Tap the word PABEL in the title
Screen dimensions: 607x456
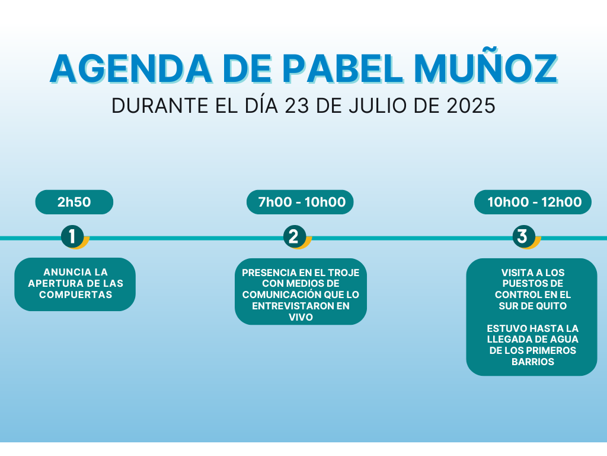tap(343, 69)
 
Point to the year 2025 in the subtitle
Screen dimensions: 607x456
tap(471, 106)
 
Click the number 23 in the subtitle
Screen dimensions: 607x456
tap(297, 106)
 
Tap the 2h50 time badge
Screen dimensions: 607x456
tap(74, 202)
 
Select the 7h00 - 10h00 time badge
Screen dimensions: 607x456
tap(300, 202)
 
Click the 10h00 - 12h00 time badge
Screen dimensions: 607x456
tap(533, 202)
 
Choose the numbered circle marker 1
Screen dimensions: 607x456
tap(72, 236)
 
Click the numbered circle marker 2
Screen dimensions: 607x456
tap(295, 236)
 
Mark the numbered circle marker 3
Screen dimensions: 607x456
tap(524, 236)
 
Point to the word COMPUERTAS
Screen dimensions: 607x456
tap(75, 294)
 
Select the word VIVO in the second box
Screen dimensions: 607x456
tap(301, 317)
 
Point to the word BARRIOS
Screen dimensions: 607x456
tap(533, 362)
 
